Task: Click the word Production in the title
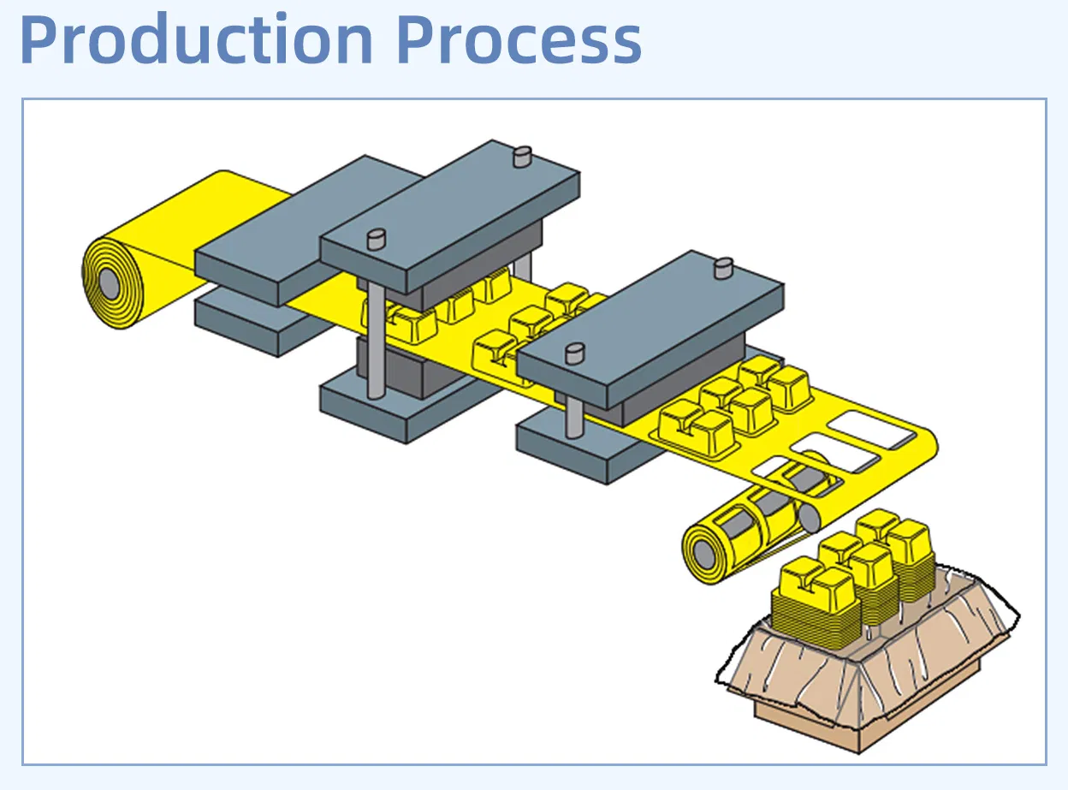[196, 40]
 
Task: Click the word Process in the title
[519, 40]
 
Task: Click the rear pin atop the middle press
[521, 157]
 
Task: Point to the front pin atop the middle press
[376, 239]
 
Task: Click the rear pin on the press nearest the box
[723, 268]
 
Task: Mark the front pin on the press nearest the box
[574, 350]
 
